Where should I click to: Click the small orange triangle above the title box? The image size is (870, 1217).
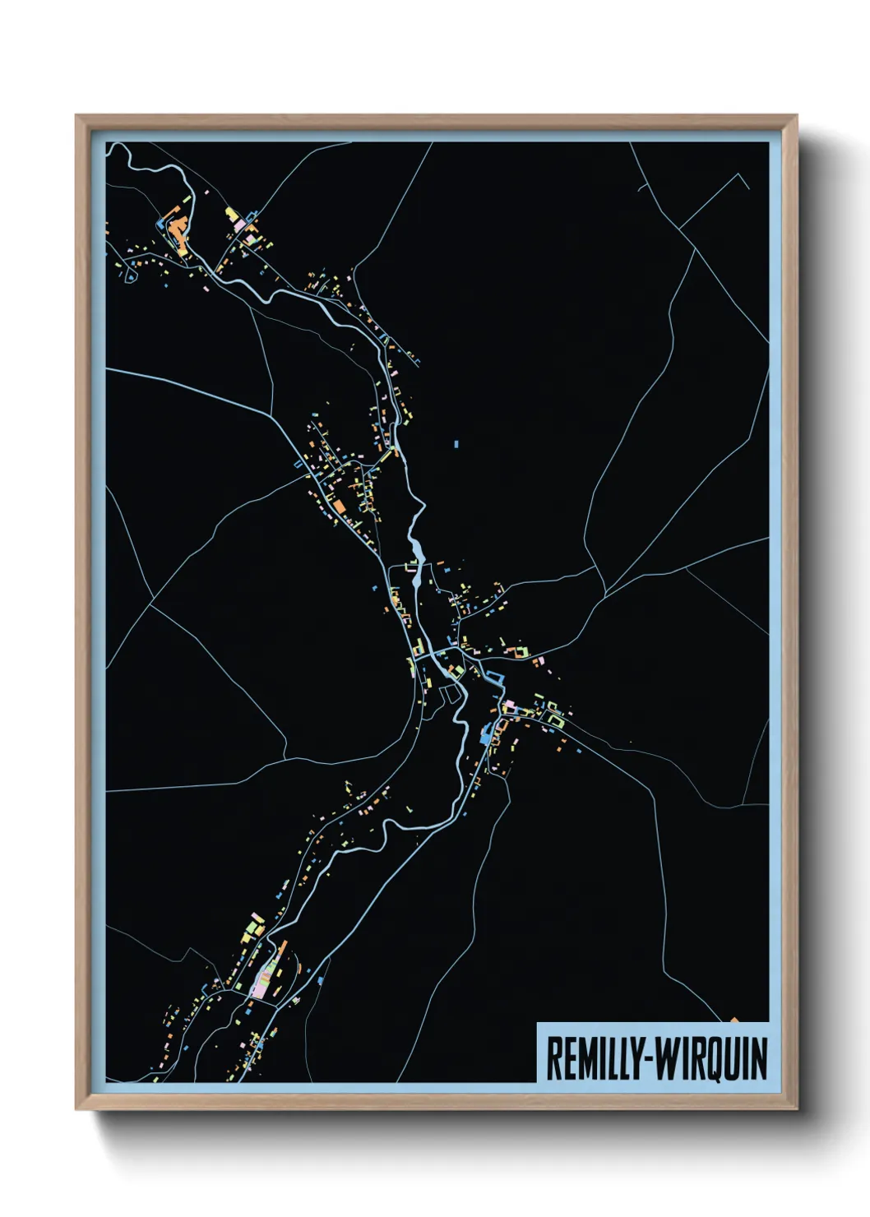tap(735, 1020)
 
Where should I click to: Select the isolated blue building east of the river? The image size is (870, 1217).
tap(456, 444)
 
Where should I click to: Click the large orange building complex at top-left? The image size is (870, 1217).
tap(176, 228)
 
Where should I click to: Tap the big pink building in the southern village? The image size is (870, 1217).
tap(261, 982)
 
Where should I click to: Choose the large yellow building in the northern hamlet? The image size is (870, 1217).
tap(232, 215)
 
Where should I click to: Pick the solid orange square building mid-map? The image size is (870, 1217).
tap(339, 505)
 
